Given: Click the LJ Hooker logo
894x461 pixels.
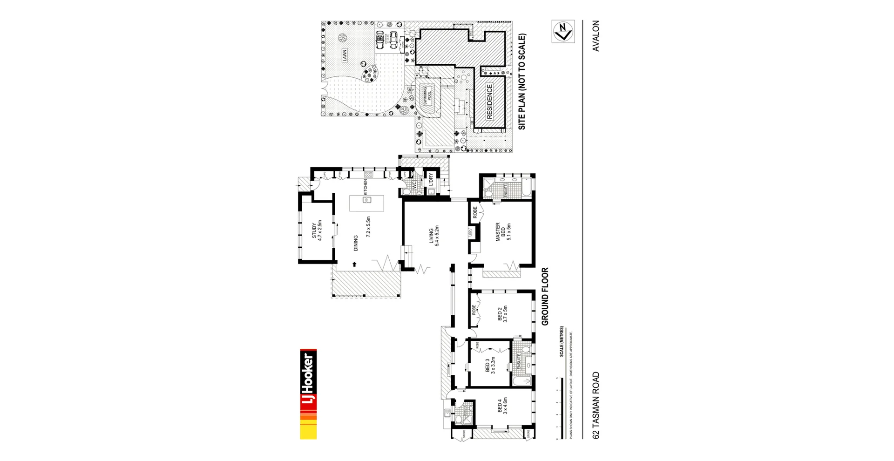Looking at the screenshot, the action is (308, 394).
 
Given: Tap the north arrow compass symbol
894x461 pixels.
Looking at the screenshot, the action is (563, 31).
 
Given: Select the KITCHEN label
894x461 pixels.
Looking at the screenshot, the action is (366, 187).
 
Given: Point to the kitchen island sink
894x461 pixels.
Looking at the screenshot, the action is (366, 200).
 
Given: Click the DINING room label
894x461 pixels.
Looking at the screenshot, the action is (356, 243).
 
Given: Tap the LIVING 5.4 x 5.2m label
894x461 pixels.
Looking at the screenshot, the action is (434, 236).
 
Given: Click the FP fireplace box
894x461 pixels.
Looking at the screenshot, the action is (470, 232).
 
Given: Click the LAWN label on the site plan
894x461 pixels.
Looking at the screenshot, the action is (345, 55).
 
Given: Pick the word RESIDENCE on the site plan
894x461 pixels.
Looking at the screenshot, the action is (489, 102).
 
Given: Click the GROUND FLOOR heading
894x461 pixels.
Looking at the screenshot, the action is (545, 296).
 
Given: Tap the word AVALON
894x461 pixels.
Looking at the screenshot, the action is (596, 36).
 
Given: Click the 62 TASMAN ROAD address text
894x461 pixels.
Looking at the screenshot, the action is (596, 405).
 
